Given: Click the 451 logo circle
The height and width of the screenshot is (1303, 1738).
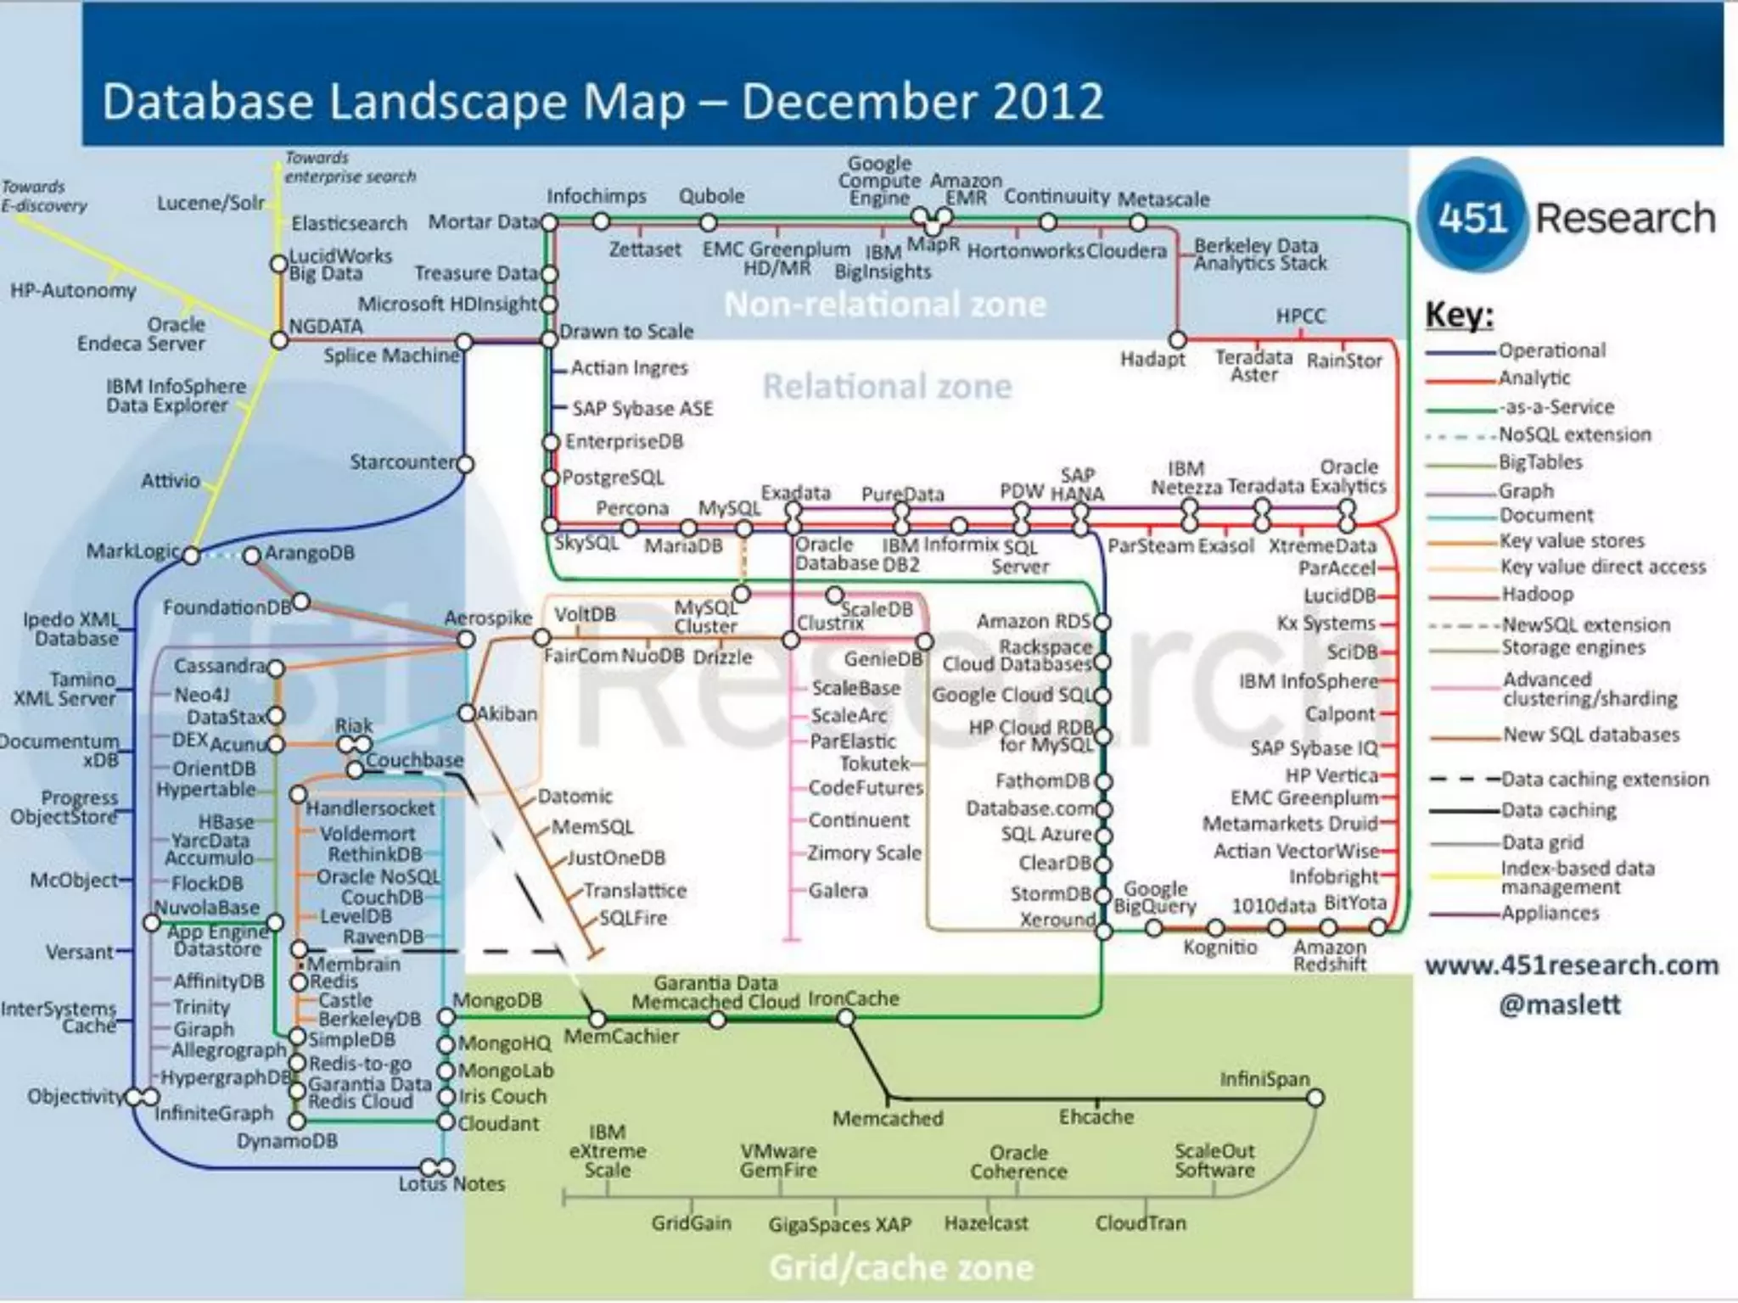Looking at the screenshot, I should [x=1472, y=217].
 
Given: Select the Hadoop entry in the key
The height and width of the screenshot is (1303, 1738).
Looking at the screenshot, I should [x=1537, y=594].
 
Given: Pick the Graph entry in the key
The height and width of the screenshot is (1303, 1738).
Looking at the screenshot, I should [x=1526, y=490].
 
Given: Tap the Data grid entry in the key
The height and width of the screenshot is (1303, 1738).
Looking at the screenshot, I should [x=1542, y=842].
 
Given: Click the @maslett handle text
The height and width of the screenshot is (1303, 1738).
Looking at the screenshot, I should [x=1559, y=1004].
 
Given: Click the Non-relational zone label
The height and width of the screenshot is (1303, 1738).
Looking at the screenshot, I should [x=885, y=304].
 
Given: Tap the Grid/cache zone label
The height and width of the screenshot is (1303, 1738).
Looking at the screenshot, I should [x=901, y=1267].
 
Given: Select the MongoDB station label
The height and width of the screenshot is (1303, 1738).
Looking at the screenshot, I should [x=496, y=1000].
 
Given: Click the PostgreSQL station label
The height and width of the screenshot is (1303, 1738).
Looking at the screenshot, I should [x=613, y=478].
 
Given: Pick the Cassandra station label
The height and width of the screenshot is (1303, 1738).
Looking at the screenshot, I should [x=220, y=666].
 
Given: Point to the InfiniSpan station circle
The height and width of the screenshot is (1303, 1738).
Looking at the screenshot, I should [x=1315, y=1099].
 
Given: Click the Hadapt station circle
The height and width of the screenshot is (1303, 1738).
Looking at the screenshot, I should [x=1177, y=339].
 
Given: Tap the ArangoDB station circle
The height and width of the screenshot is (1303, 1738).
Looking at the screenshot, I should [x=252, y=556].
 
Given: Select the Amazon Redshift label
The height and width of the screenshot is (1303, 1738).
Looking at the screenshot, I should [x=1330, y=955].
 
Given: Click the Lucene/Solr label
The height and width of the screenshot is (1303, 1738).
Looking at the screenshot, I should [x=210, y=204].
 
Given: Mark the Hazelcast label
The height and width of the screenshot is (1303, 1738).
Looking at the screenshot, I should [x=986, y=1223].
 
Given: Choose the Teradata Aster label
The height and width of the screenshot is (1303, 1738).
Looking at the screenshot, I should [x=1253, y=366].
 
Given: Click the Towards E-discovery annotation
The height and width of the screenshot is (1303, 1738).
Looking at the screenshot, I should [x=44, y=196].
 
